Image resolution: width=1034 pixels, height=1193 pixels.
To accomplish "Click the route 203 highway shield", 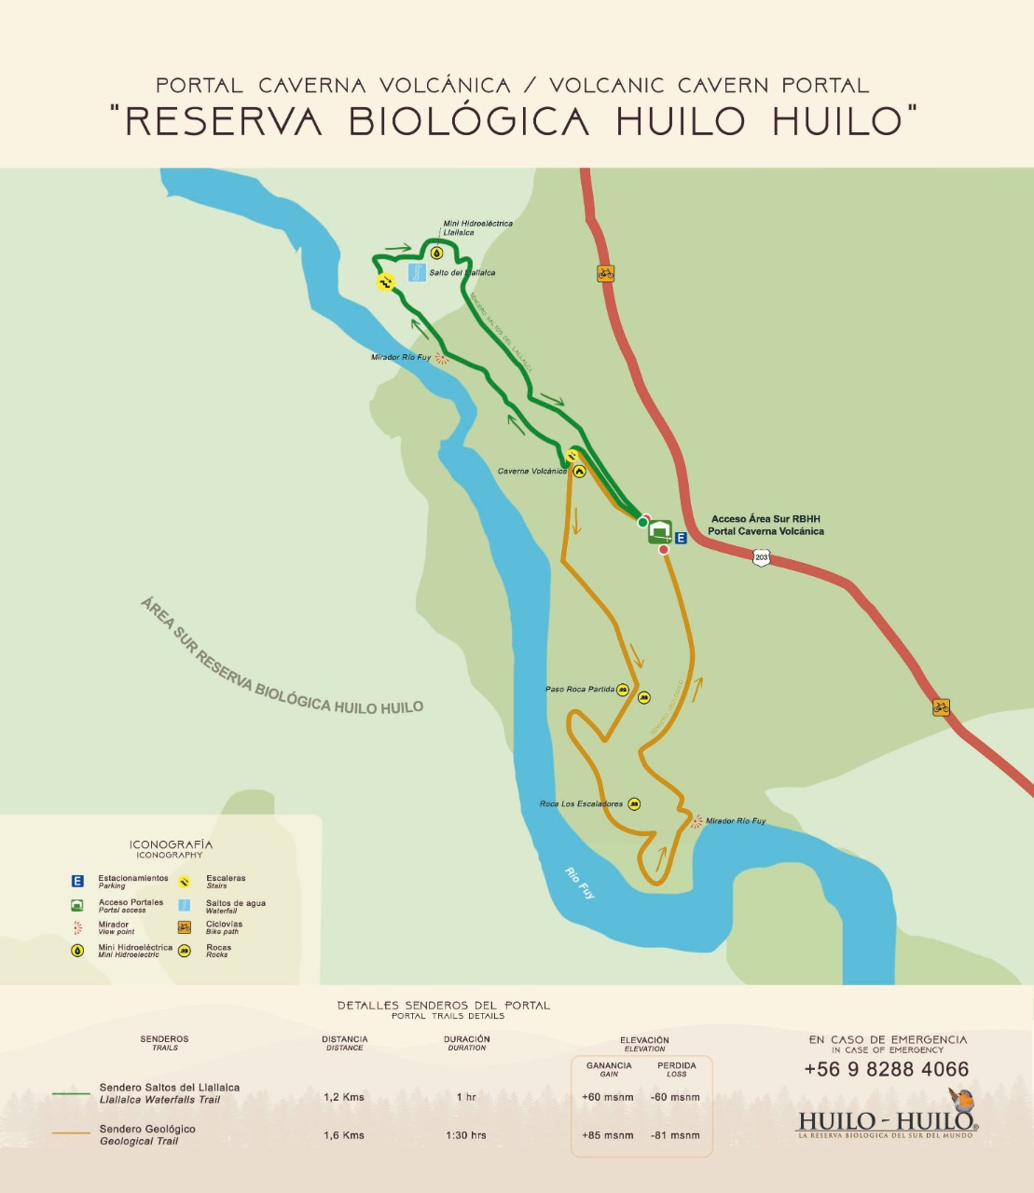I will (x=762, y=558).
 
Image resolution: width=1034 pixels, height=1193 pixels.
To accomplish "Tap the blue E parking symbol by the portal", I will (x=681, y=538).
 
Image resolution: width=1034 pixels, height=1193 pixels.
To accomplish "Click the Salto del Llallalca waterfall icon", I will (x=417, y=273).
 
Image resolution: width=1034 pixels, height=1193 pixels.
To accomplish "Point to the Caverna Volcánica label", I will (x=531, y=472).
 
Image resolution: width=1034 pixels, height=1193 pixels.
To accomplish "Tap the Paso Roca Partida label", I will (x=580, y=690).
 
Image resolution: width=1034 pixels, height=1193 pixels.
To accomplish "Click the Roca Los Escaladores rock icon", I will (x=634, y=803).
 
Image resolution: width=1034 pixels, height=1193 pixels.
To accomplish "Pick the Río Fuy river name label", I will (x=579, y=882).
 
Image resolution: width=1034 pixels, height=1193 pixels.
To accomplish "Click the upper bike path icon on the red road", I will (x=606, y=274).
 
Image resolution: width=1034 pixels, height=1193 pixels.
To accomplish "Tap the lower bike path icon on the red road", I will (x=941, y=707).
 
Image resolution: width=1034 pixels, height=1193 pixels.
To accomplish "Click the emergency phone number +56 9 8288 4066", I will (x=886, y=1069).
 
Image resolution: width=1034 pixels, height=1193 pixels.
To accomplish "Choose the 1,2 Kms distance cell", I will (x=344, y=1097).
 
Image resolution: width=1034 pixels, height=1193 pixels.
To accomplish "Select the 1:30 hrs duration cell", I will (x=466, y=1135).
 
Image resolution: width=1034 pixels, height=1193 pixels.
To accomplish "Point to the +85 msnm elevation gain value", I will (x=607, y=1135).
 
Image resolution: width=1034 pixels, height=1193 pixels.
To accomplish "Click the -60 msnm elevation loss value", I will (x=675, y=1097).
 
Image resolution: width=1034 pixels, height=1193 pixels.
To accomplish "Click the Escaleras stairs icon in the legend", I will (x=185, y=882).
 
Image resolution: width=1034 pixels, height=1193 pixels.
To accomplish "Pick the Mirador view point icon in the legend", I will (x=77, y=928).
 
